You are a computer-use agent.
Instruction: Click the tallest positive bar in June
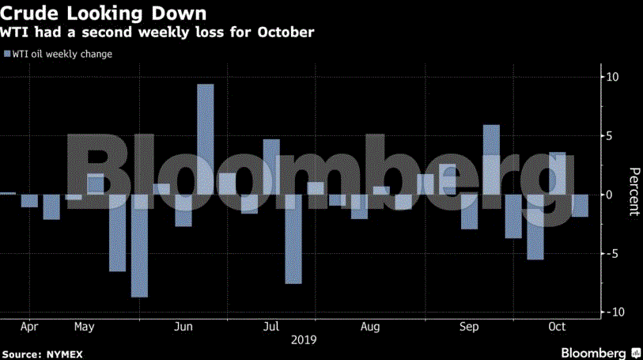tap(206, 138)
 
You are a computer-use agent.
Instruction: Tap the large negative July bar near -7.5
tap(293, 238)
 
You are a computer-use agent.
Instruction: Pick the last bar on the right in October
tap(580, 206)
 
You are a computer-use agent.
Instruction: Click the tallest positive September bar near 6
tap(491, 159)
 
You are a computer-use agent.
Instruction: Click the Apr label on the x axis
tap(29, 326)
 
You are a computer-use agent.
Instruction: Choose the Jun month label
tap(183, 326)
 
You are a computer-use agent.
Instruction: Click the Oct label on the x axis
tap(558, 326)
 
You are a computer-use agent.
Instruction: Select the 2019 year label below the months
tap(304, 340)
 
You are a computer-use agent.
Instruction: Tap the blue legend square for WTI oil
tap(7, 55)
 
